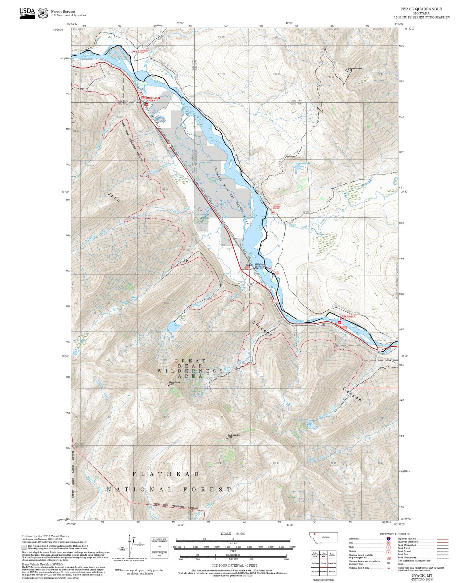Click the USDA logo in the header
pyautogui.click(x=27, y=13)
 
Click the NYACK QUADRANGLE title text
pyautogui.click(x=421, y=9)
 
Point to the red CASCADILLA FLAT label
pyautogui.click(x=347, y=317)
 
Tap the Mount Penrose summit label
pyautogui.click(x=175, y=382)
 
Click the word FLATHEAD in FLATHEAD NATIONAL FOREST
pyautogui.click(x=166, y=474)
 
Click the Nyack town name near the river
pyautogui.click(x=249, y=265)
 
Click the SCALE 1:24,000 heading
pyautogui.click(x=233, y=534)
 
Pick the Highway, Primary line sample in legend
pyautogui.click(x=442, y=539)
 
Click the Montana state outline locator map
pyautogui.click(x=323, y=537)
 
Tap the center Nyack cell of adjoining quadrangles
pyautogui.click(x=323, y=562)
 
